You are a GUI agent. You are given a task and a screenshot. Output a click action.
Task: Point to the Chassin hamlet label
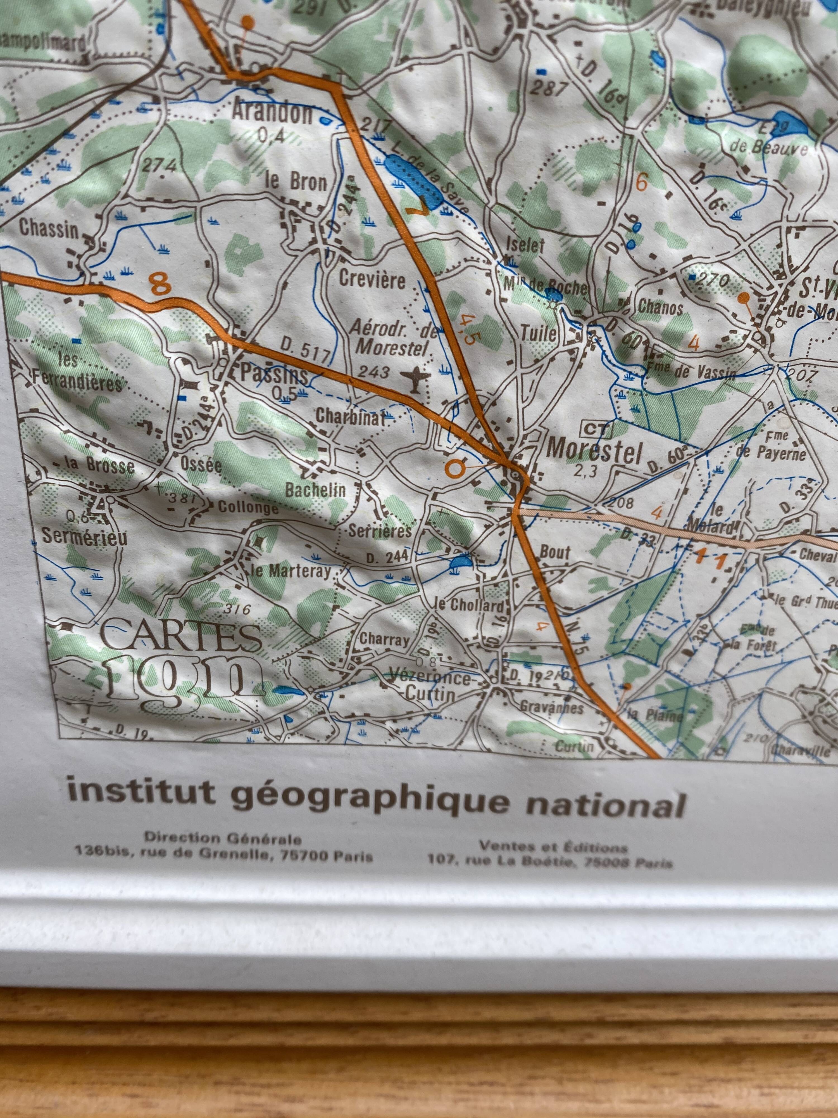(49, 230)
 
